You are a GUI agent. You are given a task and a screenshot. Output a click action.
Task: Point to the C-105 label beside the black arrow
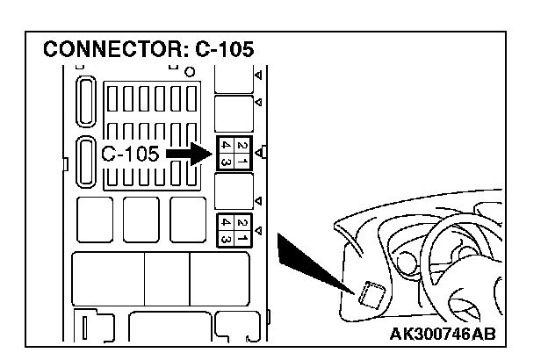[130, 155]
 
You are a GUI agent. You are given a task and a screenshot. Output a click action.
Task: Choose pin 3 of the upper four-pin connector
[226, 162]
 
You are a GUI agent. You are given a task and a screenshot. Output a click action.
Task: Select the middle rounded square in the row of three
[141, 219]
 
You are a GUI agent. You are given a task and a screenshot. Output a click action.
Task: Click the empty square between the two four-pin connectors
[234, 191]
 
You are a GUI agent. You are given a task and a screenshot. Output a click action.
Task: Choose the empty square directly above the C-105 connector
[234, 112]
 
